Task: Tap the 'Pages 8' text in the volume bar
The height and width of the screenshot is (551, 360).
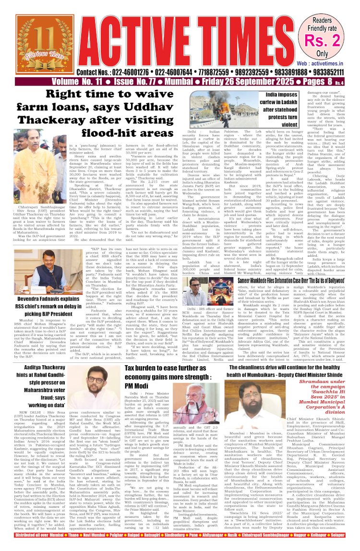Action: tap(304, 83)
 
